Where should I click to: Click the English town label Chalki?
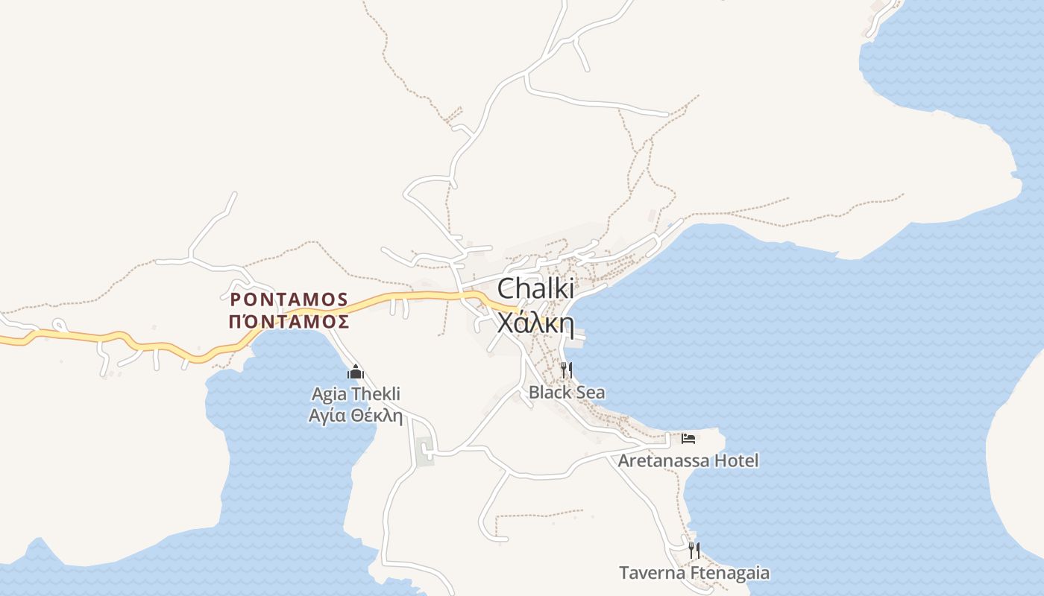pyautogui.click(x=535, y=289)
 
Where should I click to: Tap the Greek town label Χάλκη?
pyautogui.click(x=535, y=324)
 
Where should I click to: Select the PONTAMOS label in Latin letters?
pyautogui.click(x=289, y=299)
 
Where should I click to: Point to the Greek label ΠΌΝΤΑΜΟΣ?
pyautogui.click(x=289, y=322)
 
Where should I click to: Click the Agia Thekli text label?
pyautogui.click(x=356, y=393)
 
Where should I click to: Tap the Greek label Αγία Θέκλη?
pyautogui.click(x=356, y=415)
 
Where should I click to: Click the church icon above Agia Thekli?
pyautogui.click(x=356, y=372)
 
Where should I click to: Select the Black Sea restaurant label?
pyautogui.click(x=567, y=392)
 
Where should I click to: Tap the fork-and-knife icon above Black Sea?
pyautogui.click(x=567, y=369)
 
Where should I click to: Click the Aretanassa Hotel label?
pyautogui.click(x=688, y=460)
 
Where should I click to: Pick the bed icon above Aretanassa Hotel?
pyautogui.click(x=688, y=438)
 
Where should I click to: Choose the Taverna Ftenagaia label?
pyautogui.click(x=694, y=573)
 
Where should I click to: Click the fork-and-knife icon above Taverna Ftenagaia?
pyautogui.click(x=694, y=551)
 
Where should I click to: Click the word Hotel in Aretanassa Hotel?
pyautogui.click(x=736, y=460)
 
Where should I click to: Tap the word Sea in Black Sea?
pyautogui.click(x=589, y=392)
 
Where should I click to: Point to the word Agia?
pyautogui.click(x=329, y=393)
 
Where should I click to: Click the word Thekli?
pyautogui.click(x=375, y=393)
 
